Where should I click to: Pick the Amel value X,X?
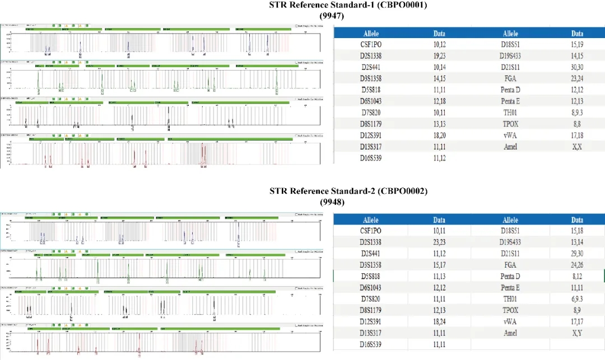(577, 147)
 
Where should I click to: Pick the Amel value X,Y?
(577, 333)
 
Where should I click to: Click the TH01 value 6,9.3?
(577, 298)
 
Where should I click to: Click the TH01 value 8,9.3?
(577, 113)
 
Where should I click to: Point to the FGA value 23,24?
(577, 78)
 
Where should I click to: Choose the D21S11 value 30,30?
(577, 67)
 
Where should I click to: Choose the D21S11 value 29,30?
(577, 253)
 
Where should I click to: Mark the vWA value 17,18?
(577, 135)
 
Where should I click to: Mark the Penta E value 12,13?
(577, 101)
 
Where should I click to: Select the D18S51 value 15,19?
(577, 44)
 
